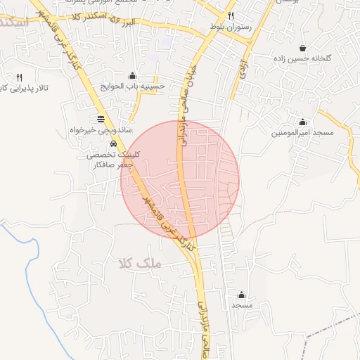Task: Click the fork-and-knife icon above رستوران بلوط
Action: pyautogui.click(x=231, y=15)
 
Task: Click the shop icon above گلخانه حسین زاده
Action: pyautogui.click(x=302, y=49)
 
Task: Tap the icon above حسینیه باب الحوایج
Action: pyautogui.click(x=132, y=76)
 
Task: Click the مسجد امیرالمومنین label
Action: pyautogui.click(x=304, y=132)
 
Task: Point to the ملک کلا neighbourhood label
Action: pyautogui.click(x=141, y=264)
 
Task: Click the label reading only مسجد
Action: pyautogui.click(x=242, y=305)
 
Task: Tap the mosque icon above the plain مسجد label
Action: pyautogui.click(x=242, y=295)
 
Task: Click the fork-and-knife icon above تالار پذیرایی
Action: pyautogui.click(x=19, y=77)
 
